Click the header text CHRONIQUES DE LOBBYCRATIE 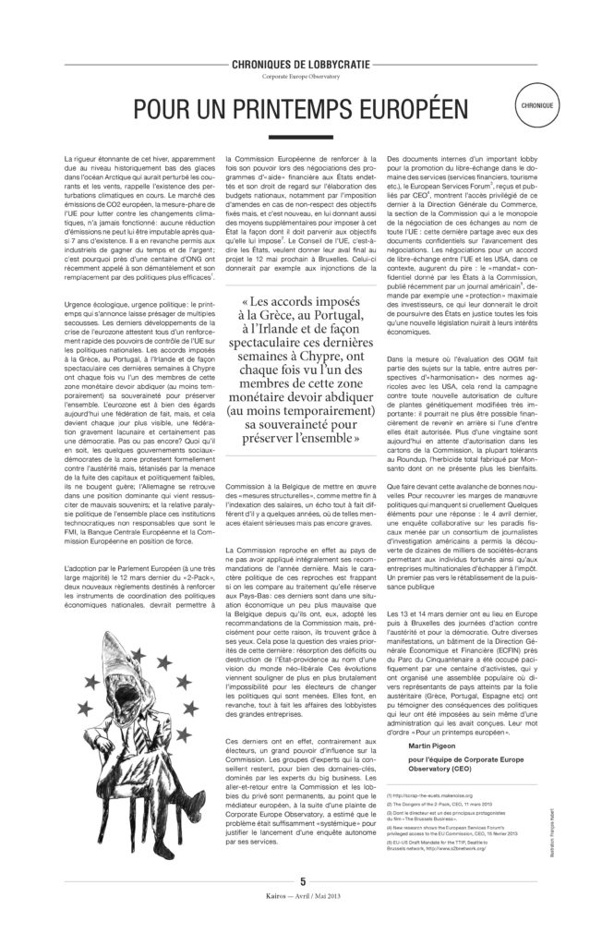tap(300, 64)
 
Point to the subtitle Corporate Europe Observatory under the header tap(300, 76)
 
